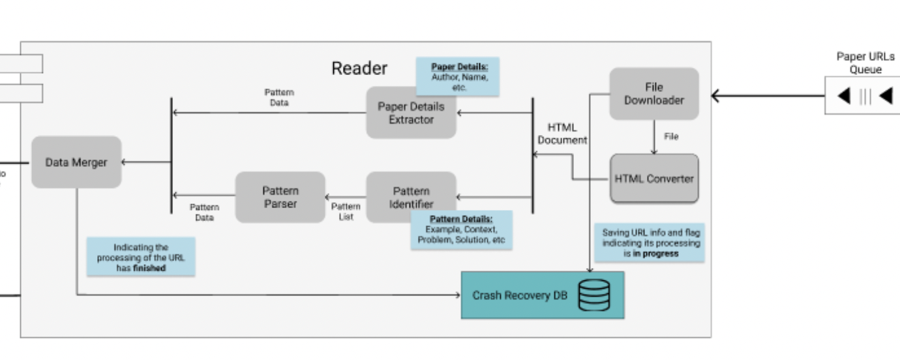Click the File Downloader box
(x=653, y=94)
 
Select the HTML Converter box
(x=654, y=179)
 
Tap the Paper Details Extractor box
(x=411, y=113)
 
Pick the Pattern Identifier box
(x=411, y=197)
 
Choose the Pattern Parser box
(x=280, y=197)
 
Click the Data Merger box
(x=76, y=162)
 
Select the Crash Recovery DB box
(x=542, y=295)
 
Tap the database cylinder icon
(x=594, y=295)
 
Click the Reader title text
(x=359, y=68)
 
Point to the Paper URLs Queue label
(x=865, y=63)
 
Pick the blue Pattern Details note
(x=461, y=230)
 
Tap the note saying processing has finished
(x=141, y=257)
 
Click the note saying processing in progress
(x=650, y=243)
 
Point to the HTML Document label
(x=562, y=134)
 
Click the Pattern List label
(x=346, y=211)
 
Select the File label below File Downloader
(x=671, y=137)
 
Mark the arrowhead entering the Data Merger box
(x=125, y=162)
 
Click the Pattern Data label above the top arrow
(x=279, y=98)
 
